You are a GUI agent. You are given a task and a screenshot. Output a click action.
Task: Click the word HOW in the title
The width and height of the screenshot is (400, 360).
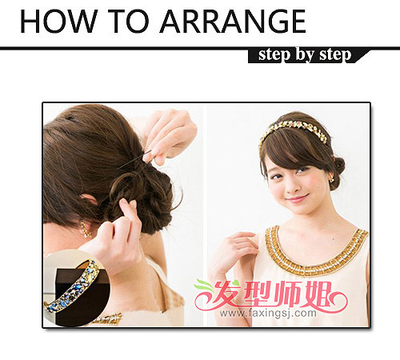58,21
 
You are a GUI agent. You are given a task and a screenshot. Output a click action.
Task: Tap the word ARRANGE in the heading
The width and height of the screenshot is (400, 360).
233,21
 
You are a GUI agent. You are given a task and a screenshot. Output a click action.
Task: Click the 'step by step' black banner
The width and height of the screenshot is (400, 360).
309,55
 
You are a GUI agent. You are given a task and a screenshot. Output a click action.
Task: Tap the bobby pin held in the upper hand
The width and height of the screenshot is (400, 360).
134,159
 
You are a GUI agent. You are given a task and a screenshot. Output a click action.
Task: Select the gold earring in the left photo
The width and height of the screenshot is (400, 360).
86,230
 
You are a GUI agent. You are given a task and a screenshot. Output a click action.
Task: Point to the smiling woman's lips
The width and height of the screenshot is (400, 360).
298,199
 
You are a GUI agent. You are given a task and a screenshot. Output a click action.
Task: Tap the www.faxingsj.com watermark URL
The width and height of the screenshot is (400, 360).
268,314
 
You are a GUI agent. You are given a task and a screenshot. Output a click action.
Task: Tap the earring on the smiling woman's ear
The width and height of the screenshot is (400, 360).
330,179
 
